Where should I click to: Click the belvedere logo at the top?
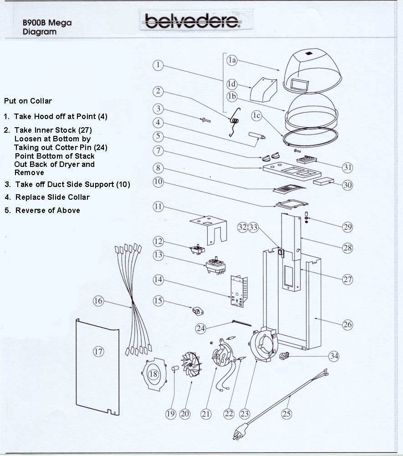tap(191, 21)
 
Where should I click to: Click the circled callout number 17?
tap(99, 351)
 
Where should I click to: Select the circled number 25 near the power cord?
tap(286, 414)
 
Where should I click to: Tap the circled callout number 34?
tap(334, 356)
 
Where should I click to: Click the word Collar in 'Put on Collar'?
tap(42, 101)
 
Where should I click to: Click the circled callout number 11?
tap(158, 207)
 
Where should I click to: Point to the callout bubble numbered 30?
tap(348, 186)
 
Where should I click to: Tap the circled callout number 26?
tap(347, 325)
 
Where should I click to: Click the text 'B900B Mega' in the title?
tap(47, 22)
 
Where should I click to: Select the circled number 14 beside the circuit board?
tap(158, 280)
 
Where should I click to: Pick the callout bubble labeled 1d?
tap(232, 84)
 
